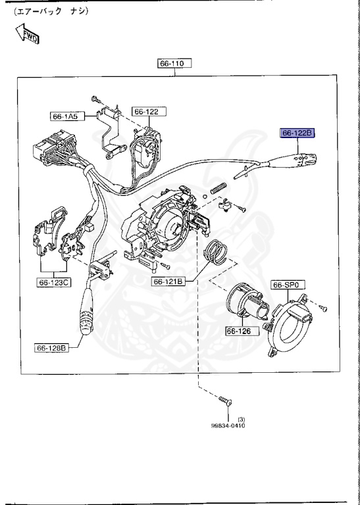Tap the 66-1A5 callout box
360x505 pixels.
point(64,116)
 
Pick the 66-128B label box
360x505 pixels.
point(52,348)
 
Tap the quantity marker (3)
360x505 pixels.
point(241,419)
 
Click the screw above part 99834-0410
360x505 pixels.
point(226,400)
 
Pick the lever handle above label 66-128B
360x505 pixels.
point(88,315)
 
